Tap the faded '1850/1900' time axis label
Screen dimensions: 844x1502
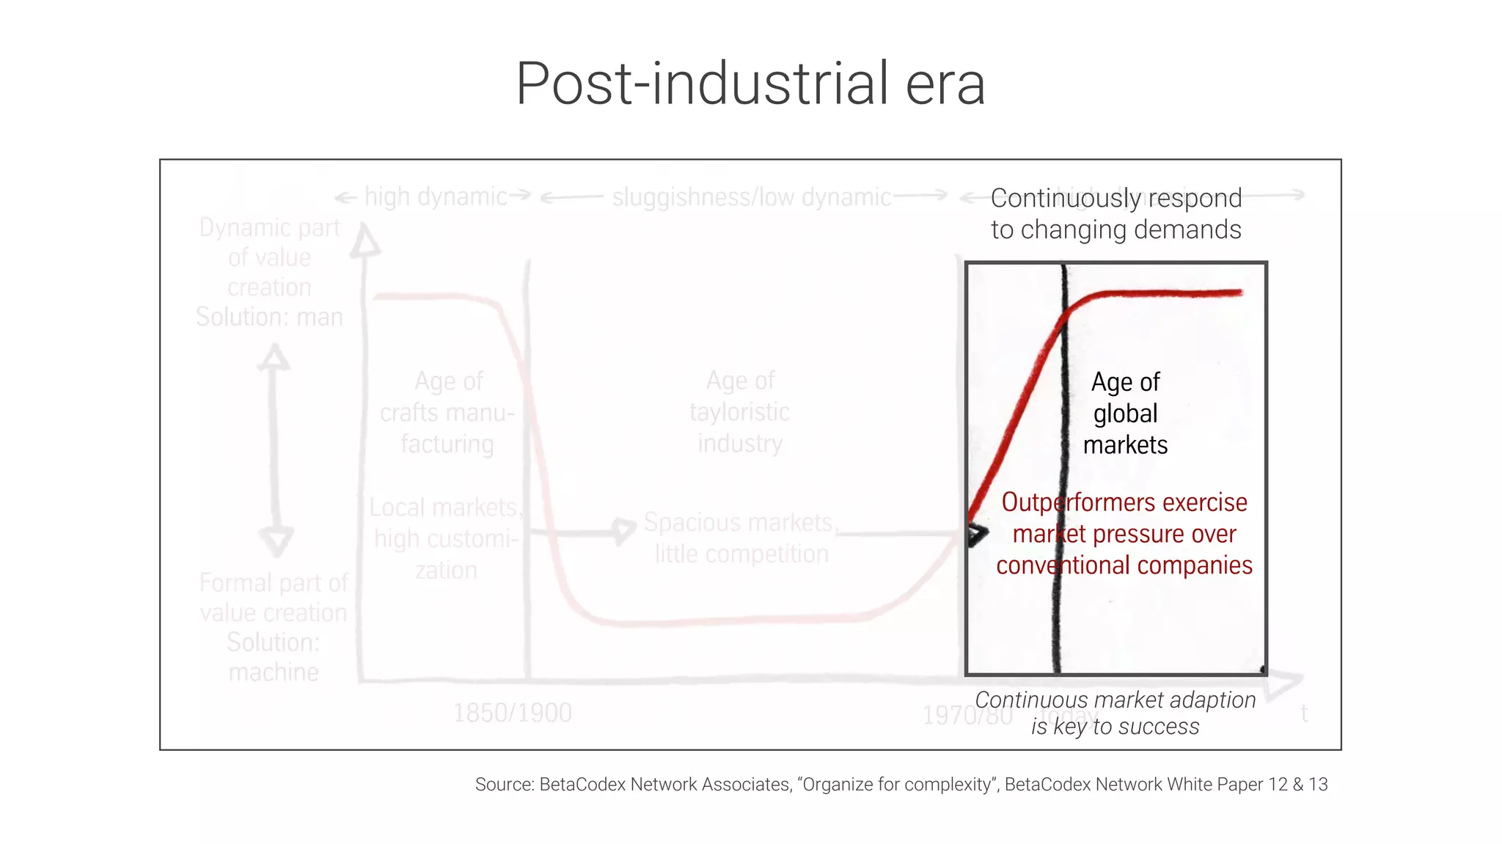coord(512,713)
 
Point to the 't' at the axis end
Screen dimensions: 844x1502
coord(1304,713)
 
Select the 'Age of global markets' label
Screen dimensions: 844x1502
coord(1125,414)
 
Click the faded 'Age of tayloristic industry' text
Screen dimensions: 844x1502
coord(740,412)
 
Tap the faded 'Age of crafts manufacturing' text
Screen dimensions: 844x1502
coord(447,413)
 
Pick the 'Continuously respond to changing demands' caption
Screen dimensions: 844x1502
coord(1115,214)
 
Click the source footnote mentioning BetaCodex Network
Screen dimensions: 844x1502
coord(901,785)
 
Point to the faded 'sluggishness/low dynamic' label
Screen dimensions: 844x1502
coord(751,197)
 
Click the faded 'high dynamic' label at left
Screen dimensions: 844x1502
coord(435,197)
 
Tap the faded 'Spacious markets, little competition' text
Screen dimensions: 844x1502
coord(741,538)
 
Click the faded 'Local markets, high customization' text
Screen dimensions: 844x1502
coord(446,539)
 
